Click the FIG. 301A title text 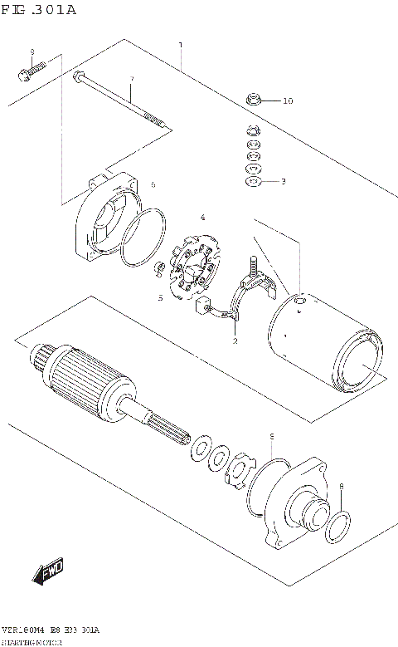39,10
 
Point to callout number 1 181,46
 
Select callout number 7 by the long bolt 130,81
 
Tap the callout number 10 287,101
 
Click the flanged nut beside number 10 256,100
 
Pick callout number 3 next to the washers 283,180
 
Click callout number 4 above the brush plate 201,218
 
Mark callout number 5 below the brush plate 160,297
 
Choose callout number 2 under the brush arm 235,341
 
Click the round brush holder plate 197,268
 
